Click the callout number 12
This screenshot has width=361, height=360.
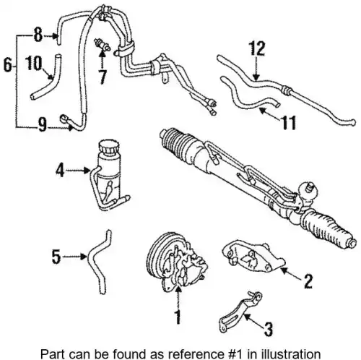(x=257, y=48)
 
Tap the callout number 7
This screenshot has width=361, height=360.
(x=103, y=77)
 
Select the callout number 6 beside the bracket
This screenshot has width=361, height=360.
(x=8, y=65)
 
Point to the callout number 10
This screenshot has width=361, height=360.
(x=33, y=63)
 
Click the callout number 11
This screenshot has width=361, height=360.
(x=288, y=123)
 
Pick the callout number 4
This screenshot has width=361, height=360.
(x=60, y=171)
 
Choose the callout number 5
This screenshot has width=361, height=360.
(x=56, y=257)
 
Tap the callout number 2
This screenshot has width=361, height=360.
(x=308, y=281)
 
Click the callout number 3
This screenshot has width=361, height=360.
(x=269, y=329)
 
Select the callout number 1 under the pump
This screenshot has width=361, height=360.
(x=178, y=317)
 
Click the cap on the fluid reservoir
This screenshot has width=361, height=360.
(x=109, y=147)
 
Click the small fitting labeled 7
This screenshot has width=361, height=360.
(x=102, y=45)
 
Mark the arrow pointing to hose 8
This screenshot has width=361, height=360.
(x=51, y=36)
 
